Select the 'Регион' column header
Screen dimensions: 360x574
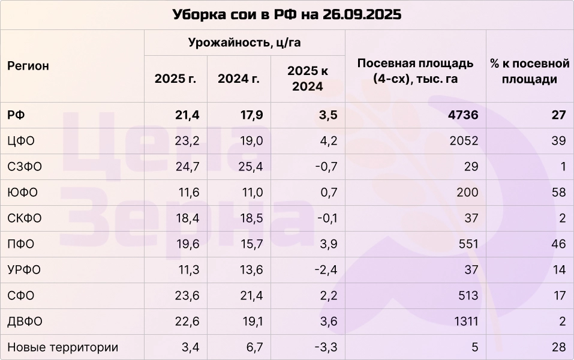coord(28,66)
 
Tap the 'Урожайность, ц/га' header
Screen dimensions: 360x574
coord(244,43)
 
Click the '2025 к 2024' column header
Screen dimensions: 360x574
coord(308,79)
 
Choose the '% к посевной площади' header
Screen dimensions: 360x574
coord(529,71)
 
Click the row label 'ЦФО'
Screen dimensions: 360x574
coord(21,141)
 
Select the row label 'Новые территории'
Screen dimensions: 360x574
coord(62,347)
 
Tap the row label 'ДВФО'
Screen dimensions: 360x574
coord(25,322)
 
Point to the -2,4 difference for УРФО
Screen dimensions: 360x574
coord(326,270)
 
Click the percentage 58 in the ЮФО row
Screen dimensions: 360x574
coord(558,193)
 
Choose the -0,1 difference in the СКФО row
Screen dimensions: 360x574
coord(326,218)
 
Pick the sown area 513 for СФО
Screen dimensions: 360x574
coord(467,296)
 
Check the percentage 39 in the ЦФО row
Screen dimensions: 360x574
coord(558,141)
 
